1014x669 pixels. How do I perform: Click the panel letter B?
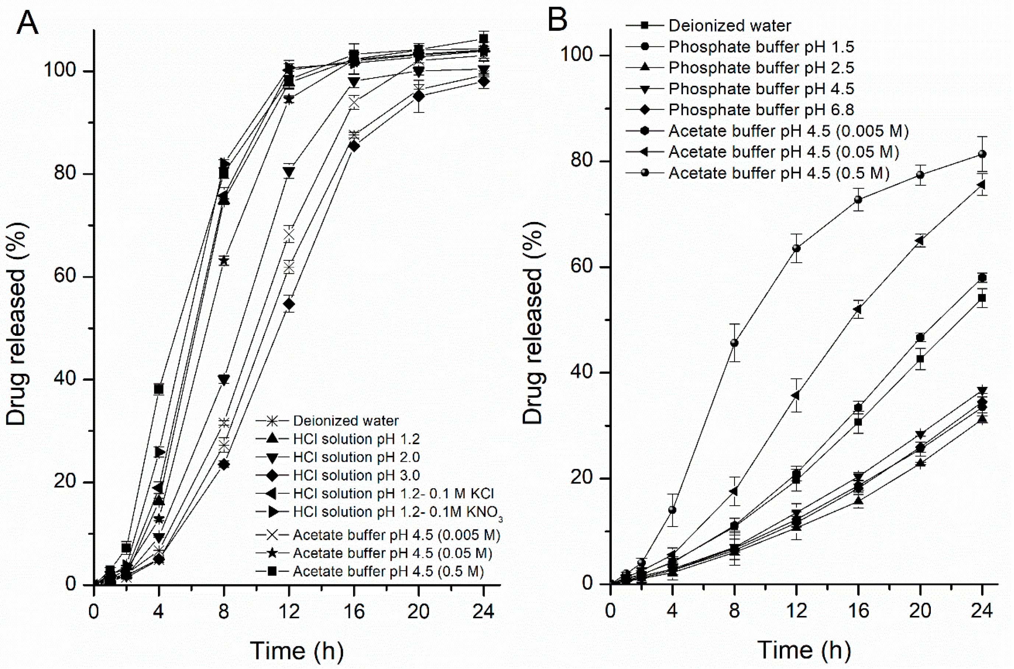click(557, 19)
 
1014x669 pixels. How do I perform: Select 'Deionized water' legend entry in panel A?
click(345, 421)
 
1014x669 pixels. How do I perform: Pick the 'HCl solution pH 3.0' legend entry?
click(356, 475)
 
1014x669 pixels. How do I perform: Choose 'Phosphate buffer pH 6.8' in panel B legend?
click(761, 110)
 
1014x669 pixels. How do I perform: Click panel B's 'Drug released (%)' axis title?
click(533, 323)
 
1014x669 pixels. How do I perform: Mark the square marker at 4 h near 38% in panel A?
click(159, 389)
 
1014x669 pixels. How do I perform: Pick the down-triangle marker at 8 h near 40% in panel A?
click(223, 379)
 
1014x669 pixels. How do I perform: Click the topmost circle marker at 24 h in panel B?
click(982, 154)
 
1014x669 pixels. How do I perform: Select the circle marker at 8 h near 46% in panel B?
click(734, 343)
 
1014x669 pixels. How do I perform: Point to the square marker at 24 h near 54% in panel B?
click(982, 298)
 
